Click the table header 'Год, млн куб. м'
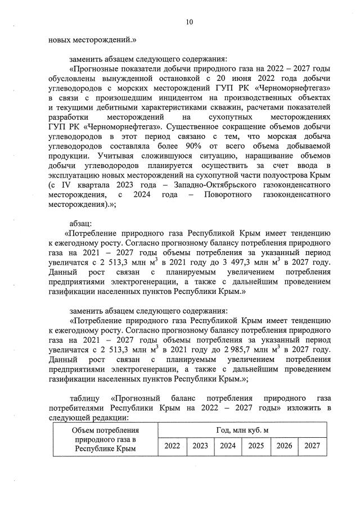[242, 430]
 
